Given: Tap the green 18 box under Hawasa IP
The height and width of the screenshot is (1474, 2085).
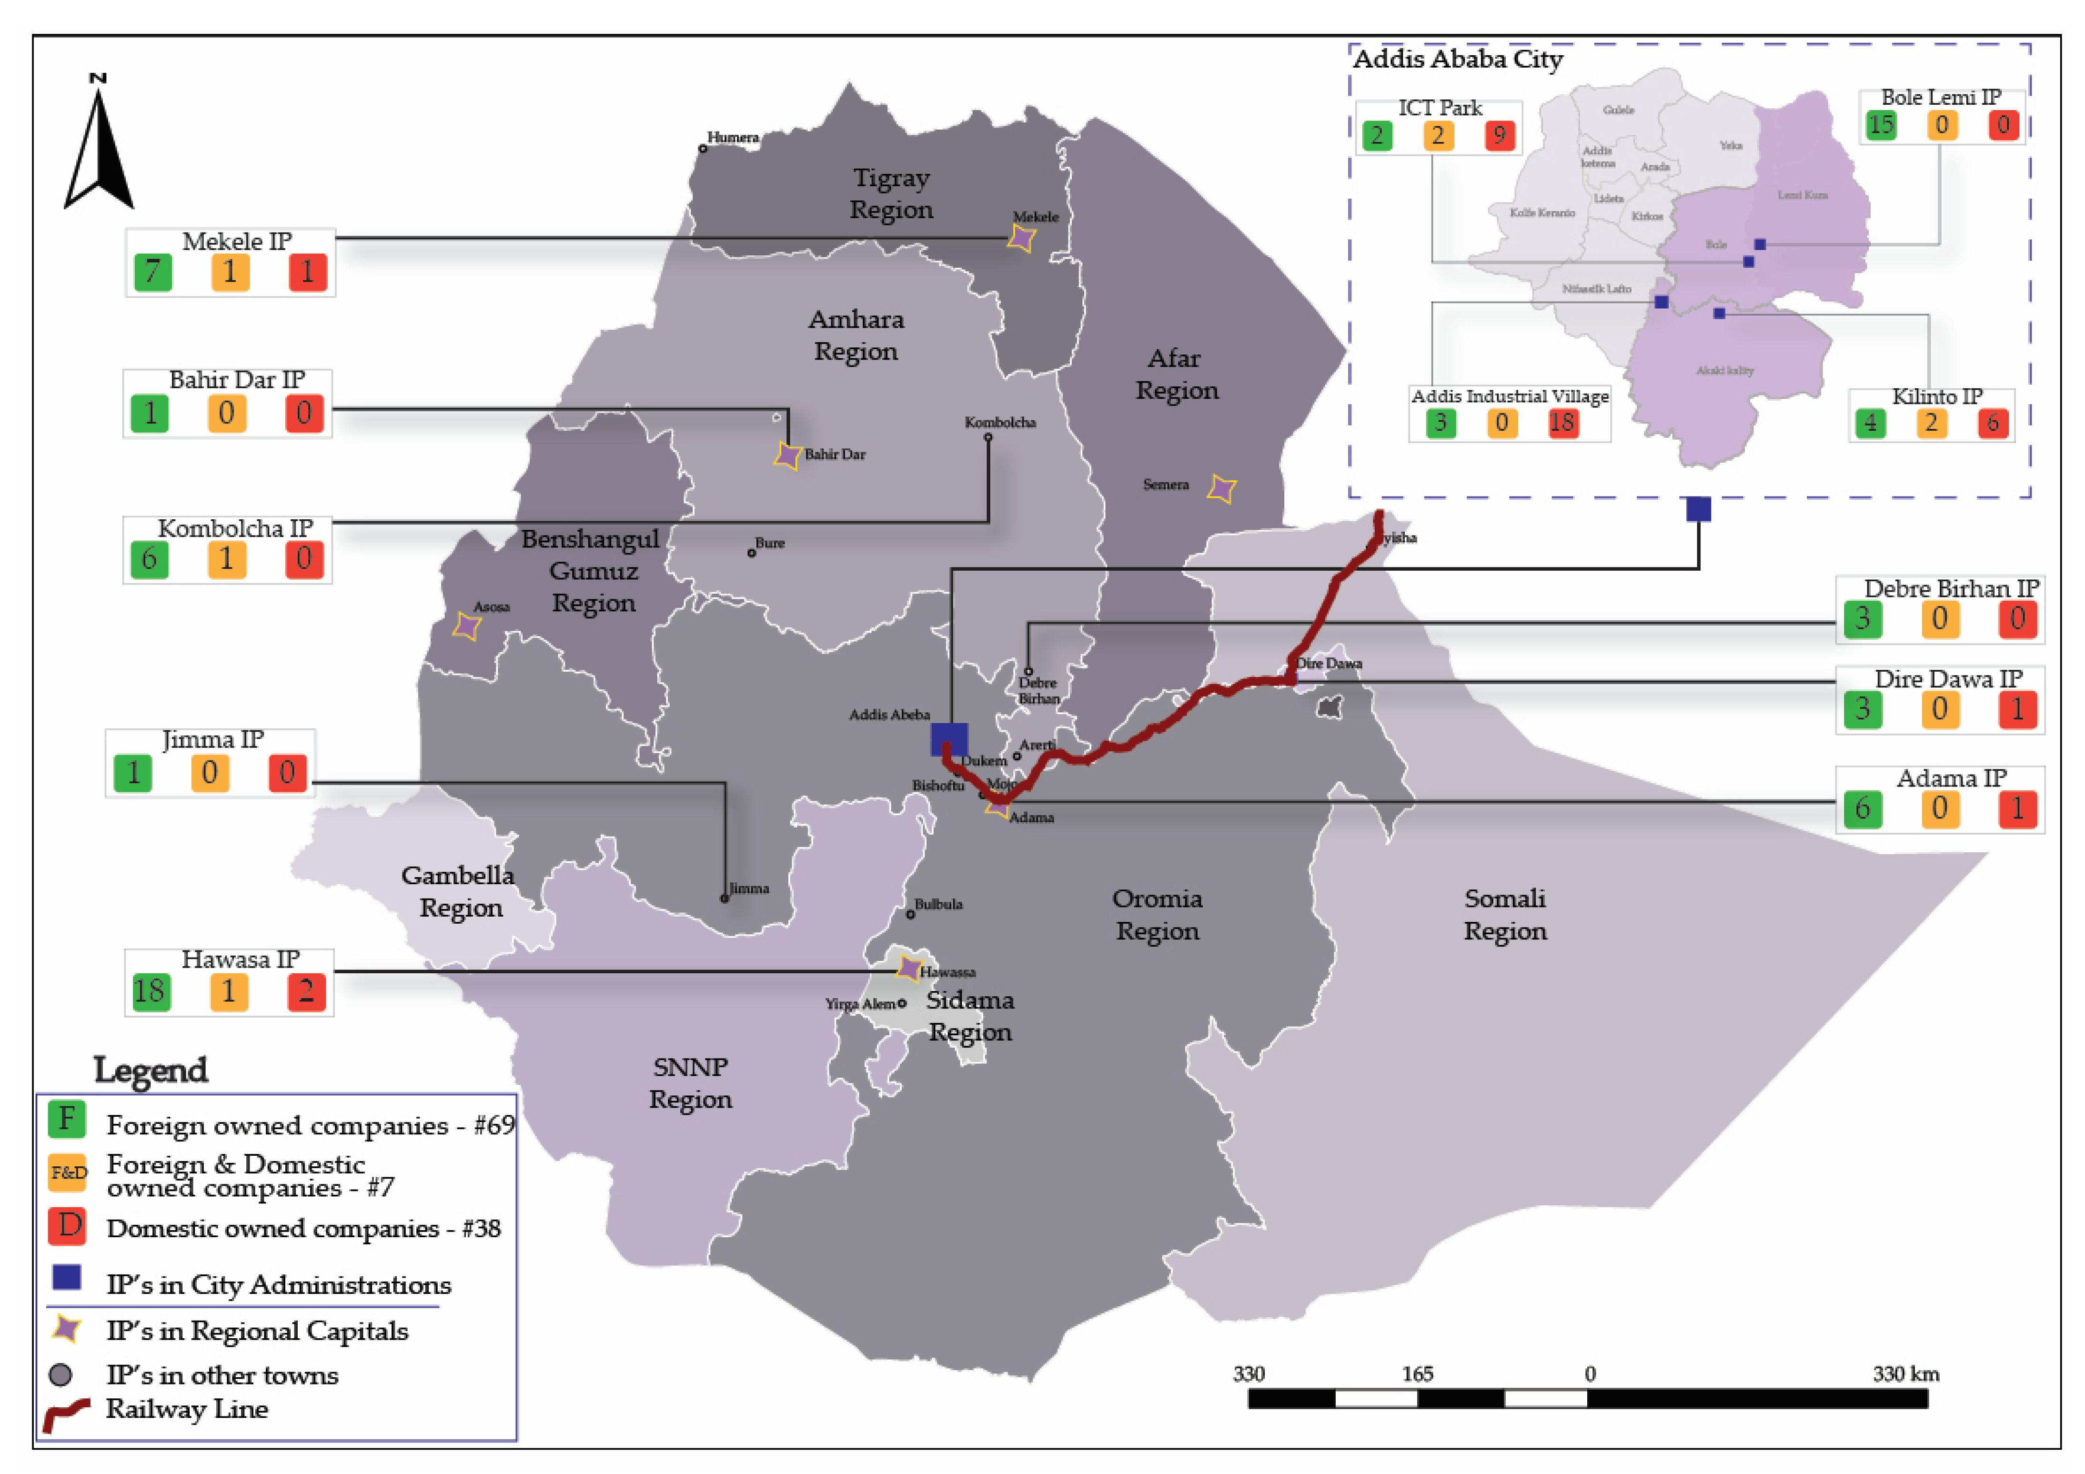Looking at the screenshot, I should pyautogui.click(x=150, y=991).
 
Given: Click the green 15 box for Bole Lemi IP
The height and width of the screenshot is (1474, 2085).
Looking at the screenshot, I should pyautogui.click(x=1881, y=124).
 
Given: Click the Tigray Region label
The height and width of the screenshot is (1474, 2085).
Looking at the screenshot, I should pyautogui.click(x=891, y=193).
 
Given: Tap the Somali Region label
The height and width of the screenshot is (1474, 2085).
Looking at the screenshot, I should pyautogui.click(x=1505, y=915).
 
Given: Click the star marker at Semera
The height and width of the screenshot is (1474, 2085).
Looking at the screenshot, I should pyautogui.click(x=1221, y=489).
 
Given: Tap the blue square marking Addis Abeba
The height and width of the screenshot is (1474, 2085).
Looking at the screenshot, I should pyautogui.click(x=949, y=739).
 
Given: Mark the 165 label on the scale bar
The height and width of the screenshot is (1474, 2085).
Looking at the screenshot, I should pyautogui.click(x=1417, y=1374).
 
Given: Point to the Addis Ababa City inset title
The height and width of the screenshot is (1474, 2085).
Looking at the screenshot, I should pyautogui.click(x=1458, y=60).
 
